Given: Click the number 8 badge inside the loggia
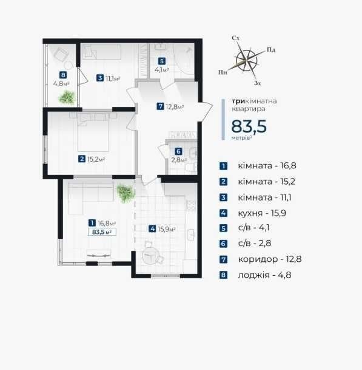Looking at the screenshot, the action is point(63,75).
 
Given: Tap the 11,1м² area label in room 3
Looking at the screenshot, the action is point(113,78).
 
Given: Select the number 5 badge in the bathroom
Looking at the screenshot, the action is point(161,61).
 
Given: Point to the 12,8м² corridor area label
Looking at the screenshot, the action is point(175,107).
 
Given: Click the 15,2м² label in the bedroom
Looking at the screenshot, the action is point(96,159).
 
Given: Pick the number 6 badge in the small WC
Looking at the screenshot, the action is point(178,151).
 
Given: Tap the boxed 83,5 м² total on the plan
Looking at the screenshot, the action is point(102,232).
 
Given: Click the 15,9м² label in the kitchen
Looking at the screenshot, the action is point(167,229).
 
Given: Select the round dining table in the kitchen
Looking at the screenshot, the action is point(150,256).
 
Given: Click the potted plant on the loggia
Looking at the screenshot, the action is point(67,97).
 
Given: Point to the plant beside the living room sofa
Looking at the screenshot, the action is point(125,193).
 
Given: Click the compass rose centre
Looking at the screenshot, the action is point(246,61).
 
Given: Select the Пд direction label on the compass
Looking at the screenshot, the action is point(271,50).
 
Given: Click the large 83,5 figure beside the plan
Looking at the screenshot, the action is point(249,126).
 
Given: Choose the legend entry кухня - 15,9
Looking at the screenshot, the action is point(262,213).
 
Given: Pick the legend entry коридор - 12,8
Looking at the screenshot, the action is point(270,259).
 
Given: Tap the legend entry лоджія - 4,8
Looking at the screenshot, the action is point(264,275).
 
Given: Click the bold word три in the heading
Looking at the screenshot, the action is point(238,101).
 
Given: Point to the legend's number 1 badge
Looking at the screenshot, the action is point(223,166).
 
